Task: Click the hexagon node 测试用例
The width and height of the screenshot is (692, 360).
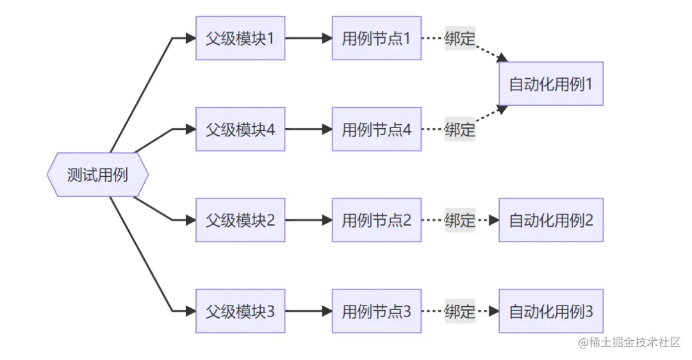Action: (x=97, y=174)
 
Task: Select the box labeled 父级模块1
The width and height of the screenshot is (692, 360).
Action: (x=240, y=38)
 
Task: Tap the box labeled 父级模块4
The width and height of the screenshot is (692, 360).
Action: (x=240, y=129)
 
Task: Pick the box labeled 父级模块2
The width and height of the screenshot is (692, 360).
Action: (x=240, y=220)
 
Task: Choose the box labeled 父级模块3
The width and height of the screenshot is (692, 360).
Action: (x=240, y=311)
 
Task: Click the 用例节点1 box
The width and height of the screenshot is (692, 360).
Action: (x=377, y=38)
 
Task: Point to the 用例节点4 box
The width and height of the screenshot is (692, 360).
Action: (x=377, y=129)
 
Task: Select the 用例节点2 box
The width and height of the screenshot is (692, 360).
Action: (x=377, y=220)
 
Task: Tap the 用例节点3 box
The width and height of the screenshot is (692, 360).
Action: (x=377, y=311)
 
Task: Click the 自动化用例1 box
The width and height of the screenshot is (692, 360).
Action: (x=551, y=84)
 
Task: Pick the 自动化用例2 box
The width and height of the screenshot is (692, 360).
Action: (x=551, y=220)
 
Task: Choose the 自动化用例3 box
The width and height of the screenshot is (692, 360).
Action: (x=551, y=311)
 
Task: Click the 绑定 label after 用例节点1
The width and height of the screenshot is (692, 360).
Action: (x=460, y=38)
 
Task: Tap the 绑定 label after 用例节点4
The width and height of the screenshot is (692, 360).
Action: (x=460, y=129)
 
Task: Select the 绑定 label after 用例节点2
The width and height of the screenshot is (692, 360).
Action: (x=460, y=220)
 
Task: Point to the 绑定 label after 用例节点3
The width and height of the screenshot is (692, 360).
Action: (x=460, y=311)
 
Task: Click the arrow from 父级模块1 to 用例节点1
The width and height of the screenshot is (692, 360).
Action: (x=308, y=38)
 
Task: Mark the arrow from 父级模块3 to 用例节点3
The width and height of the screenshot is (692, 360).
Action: (x=308, y=311)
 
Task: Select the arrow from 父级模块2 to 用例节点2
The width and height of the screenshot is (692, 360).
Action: (x=308, y=220)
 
